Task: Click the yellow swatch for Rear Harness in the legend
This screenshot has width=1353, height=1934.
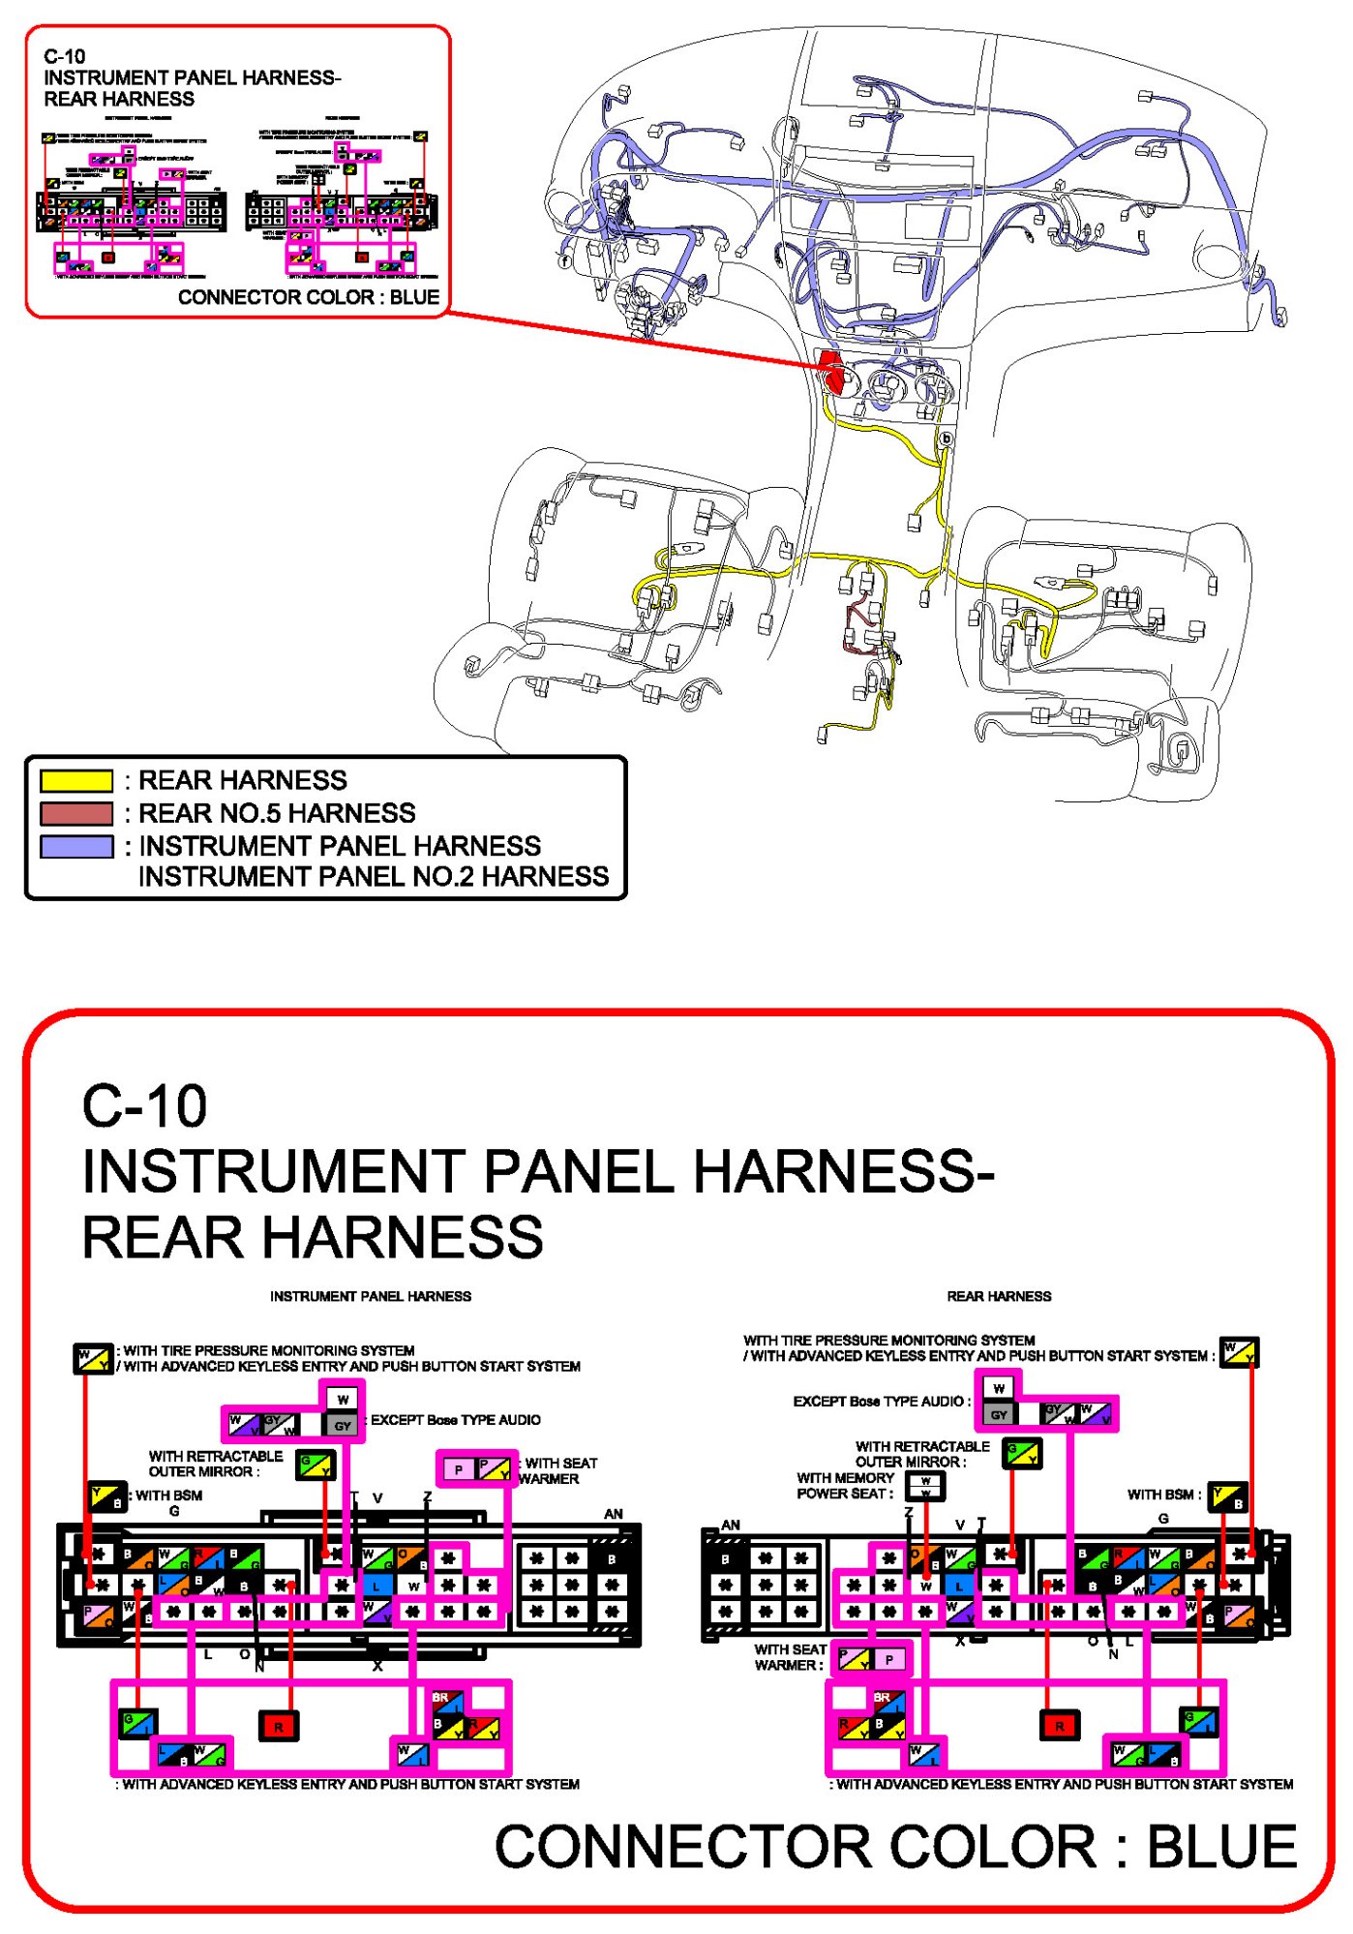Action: pyautogui.click(x=76, y=780)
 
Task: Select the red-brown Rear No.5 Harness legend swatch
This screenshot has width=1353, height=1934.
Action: pyautogui.click(x=76, y=813)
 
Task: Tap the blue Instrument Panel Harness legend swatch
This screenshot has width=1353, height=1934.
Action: pyautogui.click(x=76, y=846)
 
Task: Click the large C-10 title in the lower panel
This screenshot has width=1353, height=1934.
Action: pyautogui.click(x=144, y=1105)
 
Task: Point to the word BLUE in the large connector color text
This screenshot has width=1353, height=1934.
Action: pyautogui.click(x=1221, y=1847)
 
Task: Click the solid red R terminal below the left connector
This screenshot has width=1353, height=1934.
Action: pyautogui.click(x=279, y=1725)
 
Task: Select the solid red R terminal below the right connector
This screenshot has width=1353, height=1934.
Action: pyautogui.click(x=1059, y=1724)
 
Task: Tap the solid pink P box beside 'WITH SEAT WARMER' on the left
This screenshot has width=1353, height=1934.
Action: pyautogui.click(x=458, y=1469)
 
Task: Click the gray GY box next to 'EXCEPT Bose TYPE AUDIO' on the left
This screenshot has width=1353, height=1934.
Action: pyautogui.click(x=343, y=1425)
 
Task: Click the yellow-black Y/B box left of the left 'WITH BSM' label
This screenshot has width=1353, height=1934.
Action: pyautogui.click(x=107, y=1496)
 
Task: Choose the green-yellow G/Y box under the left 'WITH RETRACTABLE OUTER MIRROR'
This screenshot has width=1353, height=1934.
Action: pyautogui.click(x=316, y=1465)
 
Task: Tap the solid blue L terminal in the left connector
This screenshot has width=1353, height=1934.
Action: pyautogui.click(x=376, y=1586)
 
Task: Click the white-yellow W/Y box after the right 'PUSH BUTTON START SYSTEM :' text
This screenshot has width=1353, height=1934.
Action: pyautogui.click(x=1239, y=1351)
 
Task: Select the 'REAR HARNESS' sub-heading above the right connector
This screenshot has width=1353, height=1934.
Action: pyautogui.click(x=999, y=1296)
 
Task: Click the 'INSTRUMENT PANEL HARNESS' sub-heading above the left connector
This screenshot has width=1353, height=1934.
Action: pyautogui.click(x=371, y=1296)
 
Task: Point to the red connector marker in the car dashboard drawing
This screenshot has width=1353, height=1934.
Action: pyautogui.click(x=830, y=369)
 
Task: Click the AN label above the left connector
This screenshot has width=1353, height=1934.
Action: pyautogui.click(x=614, y=1514)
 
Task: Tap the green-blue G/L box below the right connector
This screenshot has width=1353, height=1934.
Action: pyautogui.click(x=1199, y=1721)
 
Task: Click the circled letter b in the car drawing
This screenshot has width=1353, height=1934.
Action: pyautogui.click(x=946, y=438)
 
